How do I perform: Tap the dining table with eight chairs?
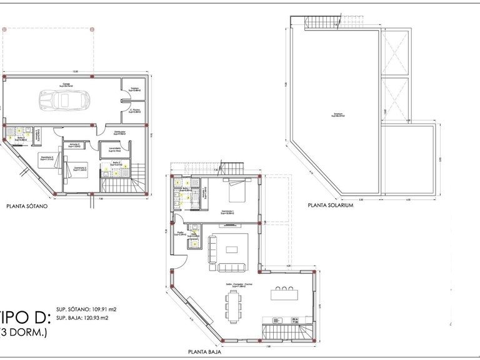(x=235, y=308)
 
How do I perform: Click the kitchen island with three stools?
(x=285, y=294)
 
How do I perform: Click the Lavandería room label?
(x=114, y=149)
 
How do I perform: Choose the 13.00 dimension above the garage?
(x=75, y=71)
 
